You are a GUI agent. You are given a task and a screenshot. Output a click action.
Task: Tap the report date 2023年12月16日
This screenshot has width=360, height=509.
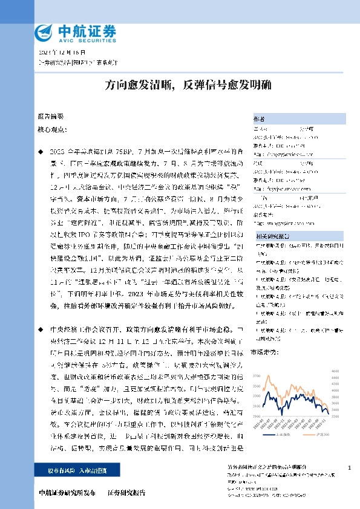coord(53,53)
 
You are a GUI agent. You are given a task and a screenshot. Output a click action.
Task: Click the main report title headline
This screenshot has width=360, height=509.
coord(180,85)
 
